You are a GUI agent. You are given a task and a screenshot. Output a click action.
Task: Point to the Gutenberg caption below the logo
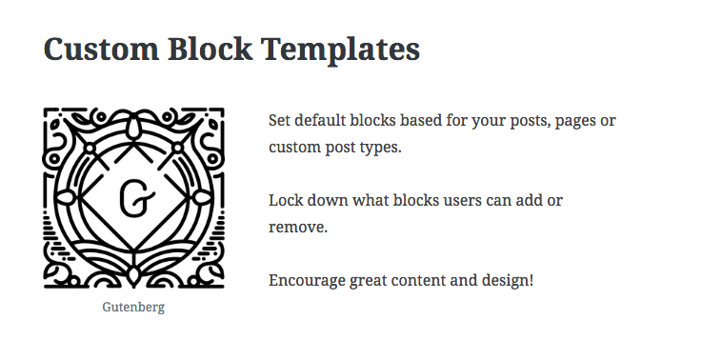(x=134, y=308)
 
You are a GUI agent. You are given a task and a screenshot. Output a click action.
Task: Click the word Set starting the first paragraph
(x=280, y=121)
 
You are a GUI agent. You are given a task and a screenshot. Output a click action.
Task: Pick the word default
(x=324, y=121)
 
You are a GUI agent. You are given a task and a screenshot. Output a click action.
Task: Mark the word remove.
(x=298, y=229)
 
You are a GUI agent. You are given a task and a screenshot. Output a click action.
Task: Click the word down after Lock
(x=332, y=201)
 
